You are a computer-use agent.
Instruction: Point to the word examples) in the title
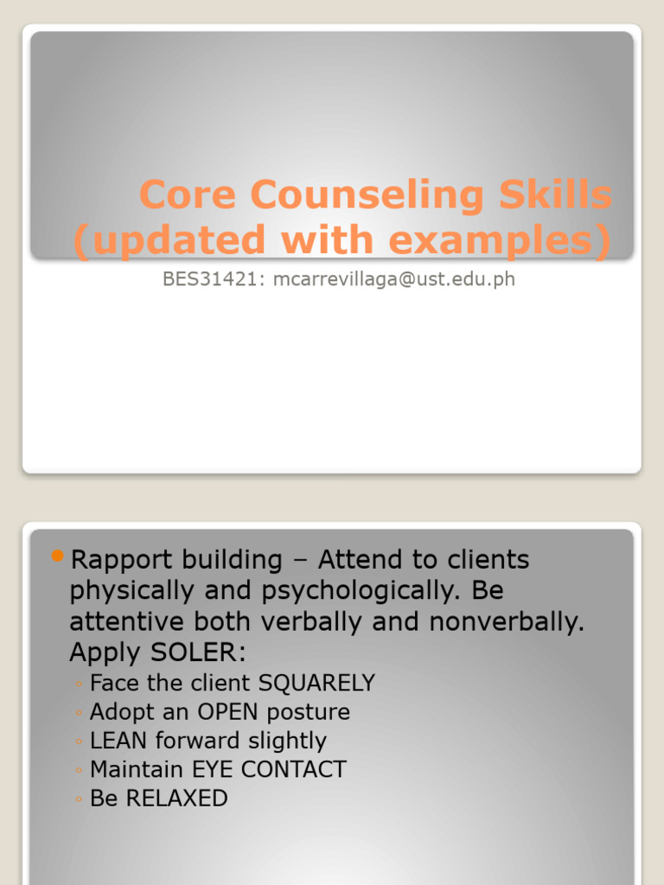point(509,241)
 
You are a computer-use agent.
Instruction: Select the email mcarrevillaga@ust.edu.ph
point(393,279)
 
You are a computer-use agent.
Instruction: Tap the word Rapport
point(115,560)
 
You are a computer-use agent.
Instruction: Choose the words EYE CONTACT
point(277,769)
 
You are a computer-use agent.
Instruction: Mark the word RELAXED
point(176,798)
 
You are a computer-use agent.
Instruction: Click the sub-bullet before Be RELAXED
point(78,799)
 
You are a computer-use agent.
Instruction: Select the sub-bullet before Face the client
point(78,684)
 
